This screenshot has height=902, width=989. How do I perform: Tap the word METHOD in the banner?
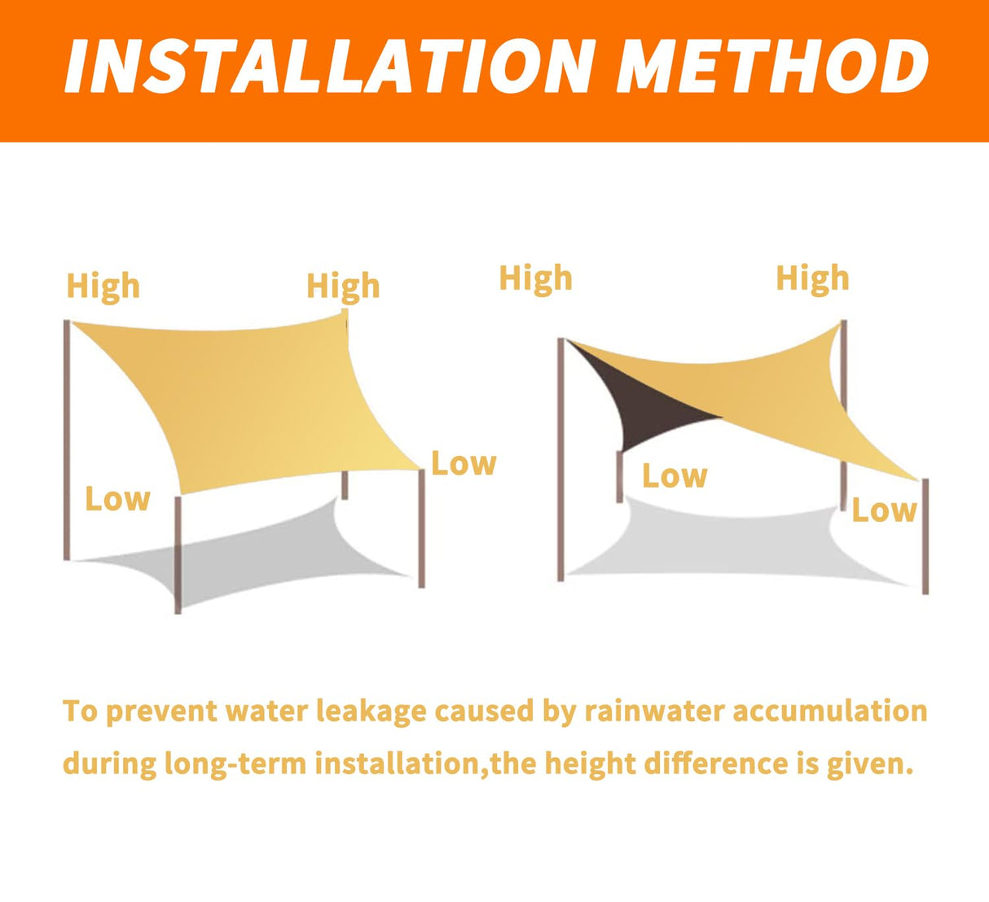[x=771, y=66]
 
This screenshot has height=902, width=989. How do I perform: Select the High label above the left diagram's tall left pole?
[x=103, y=287]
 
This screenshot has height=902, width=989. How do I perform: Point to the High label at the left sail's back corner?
[x=343, y=287]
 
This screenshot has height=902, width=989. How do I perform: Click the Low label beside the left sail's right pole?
[x=464, y=464]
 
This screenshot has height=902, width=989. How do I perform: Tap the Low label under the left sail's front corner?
[x=117, y=499]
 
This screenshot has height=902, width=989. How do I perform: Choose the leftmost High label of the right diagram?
[x=536, y=279]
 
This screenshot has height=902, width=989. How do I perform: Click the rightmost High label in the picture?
[x=812, y=279]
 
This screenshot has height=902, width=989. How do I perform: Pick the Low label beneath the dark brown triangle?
[x=675, y=476]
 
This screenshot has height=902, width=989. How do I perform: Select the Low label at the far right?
[x=885, y=510]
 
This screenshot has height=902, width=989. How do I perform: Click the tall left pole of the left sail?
[x=67, y=440]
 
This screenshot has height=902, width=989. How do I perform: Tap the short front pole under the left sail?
[x=178, y=555]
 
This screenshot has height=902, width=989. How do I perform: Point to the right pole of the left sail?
[x=421, y=528]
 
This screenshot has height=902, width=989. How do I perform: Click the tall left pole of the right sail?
[x=560, y=459]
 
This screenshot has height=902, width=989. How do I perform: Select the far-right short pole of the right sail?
[x=925, y=536]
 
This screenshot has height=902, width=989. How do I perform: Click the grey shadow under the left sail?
[x=247, y=554]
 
